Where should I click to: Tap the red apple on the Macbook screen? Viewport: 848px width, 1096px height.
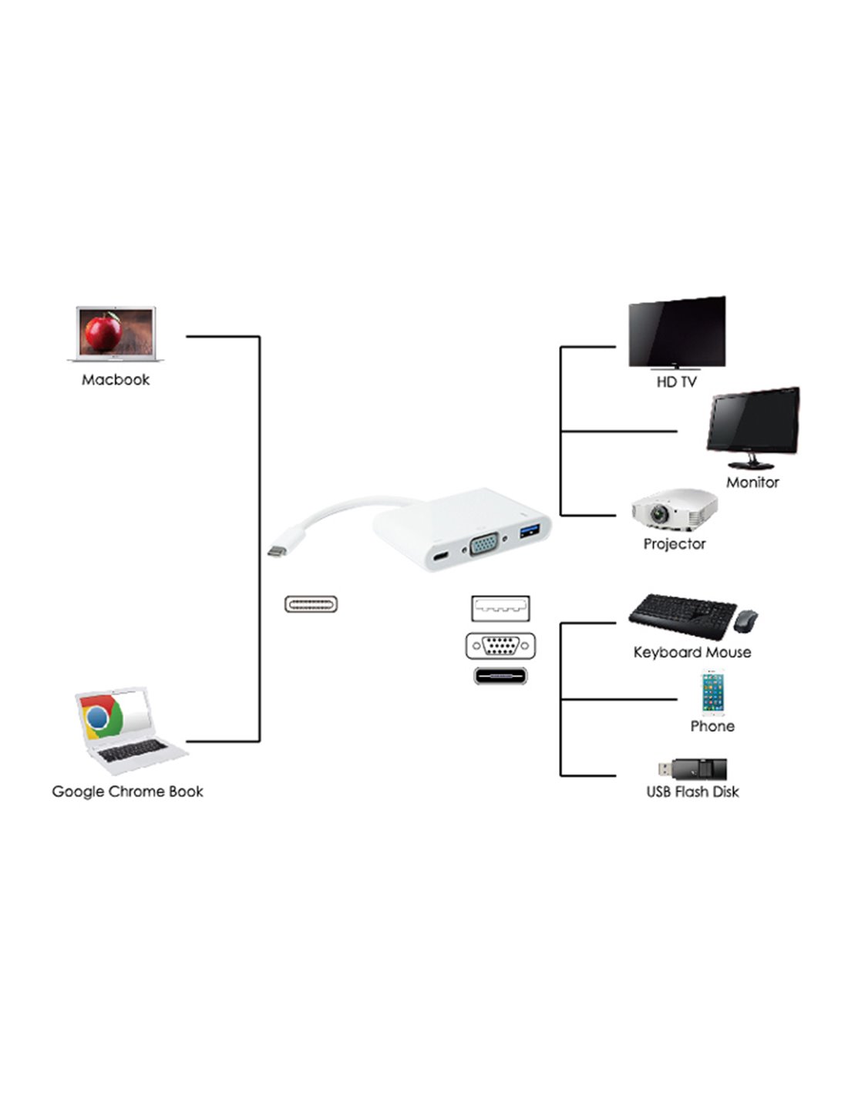point(103,331)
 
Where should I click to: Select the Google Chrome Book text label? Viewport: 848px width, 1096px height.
point(127,792)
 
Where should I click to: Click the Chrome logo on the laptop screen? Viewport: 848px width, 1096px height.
point(98,718)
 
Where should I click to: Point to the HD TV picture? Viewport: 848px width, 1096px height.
point(677,331)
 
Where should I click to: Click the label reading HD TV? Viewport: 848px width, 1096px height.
point(676,382)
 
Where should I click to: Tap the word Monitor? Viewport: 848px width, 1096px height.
point(752,482)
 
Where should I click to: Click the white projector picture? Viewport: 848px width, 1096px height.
point(674,509)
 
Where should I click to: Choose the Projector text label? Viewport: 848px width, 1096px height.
point(675,544)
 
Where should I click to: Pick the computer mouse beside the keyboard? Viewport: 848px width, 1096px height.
point(745,620)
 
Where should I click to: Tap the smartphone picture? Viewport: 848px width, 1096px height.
point(712,693)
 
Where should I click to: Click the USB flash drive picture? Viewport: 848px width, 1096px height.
point(692,768)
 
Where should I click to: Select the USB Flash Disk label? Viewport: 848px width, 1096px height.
point(692,792)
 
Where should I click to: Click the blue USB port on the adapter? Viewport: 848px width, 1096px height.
point(530,531)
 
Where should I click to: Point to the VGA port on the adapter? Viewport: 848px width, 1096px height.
point(484,546)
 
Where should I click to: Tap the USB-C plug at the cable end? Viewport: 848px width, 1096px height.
point(277,550)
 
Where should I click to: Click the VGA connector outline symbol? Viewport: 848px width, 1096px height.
point(500,645)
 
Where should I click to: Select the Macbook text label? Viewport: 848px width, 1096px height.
point(116,380)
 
